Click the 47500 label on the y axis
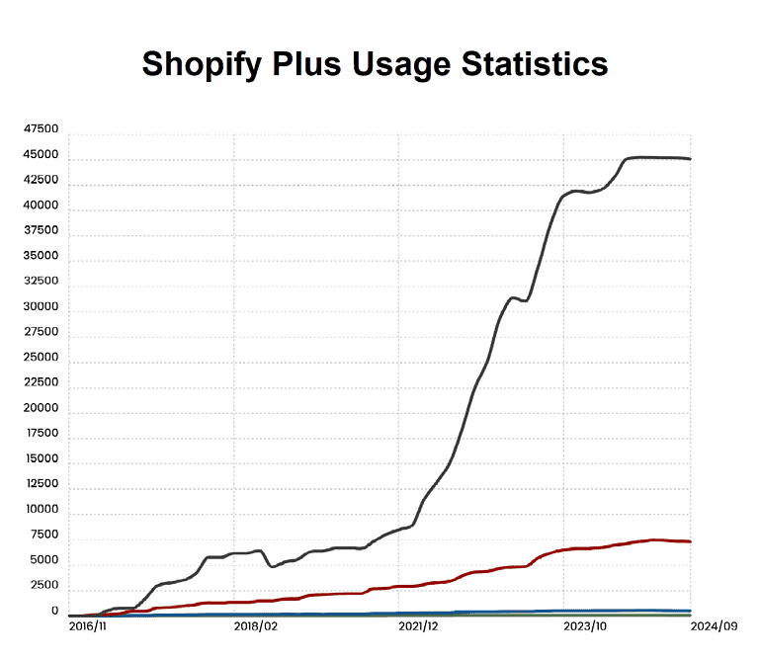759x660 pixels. pos(42,129)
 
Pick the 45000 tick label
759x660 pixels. pos(42,155)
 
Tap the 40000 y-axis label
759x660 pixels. pos(42,206)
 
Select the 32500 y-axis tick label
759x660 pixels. pos(42,282)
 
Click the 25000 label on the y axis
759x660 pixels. pos(42,357)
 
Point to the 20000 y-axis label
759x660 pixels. pos(42,408)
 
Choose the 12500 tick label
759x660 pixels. pos(42,484)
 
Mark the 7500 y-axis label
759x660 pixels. pos(44,535)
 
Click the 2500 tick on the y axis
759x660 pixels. pos(44,586)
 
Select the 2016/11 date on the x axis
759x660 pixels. pos(90,626)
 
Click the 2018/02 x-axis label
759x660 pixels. pos(255,626)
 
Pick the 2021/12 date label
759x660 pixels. pos(419,626)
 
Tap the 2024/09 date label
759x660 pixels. pos(714,626)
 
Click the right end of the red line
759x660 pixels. pos(689,541)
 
